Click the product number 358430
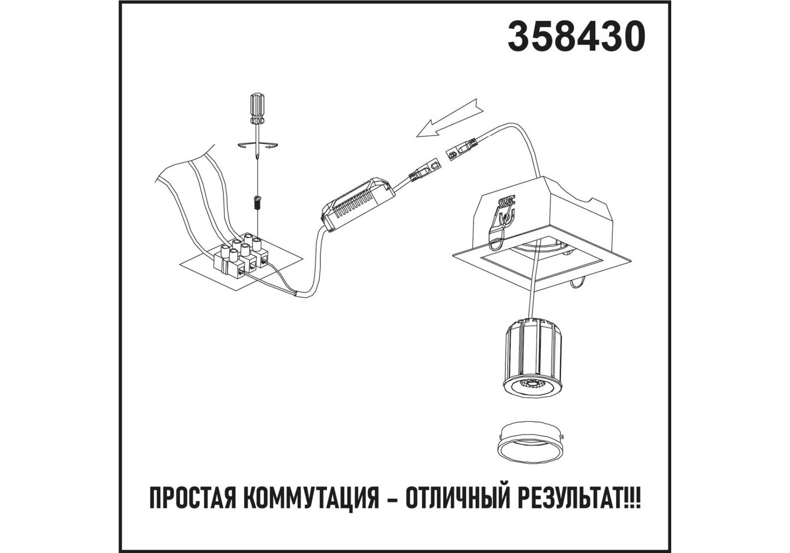coord(577,37)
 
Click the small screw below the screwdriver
coord(257,203)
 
